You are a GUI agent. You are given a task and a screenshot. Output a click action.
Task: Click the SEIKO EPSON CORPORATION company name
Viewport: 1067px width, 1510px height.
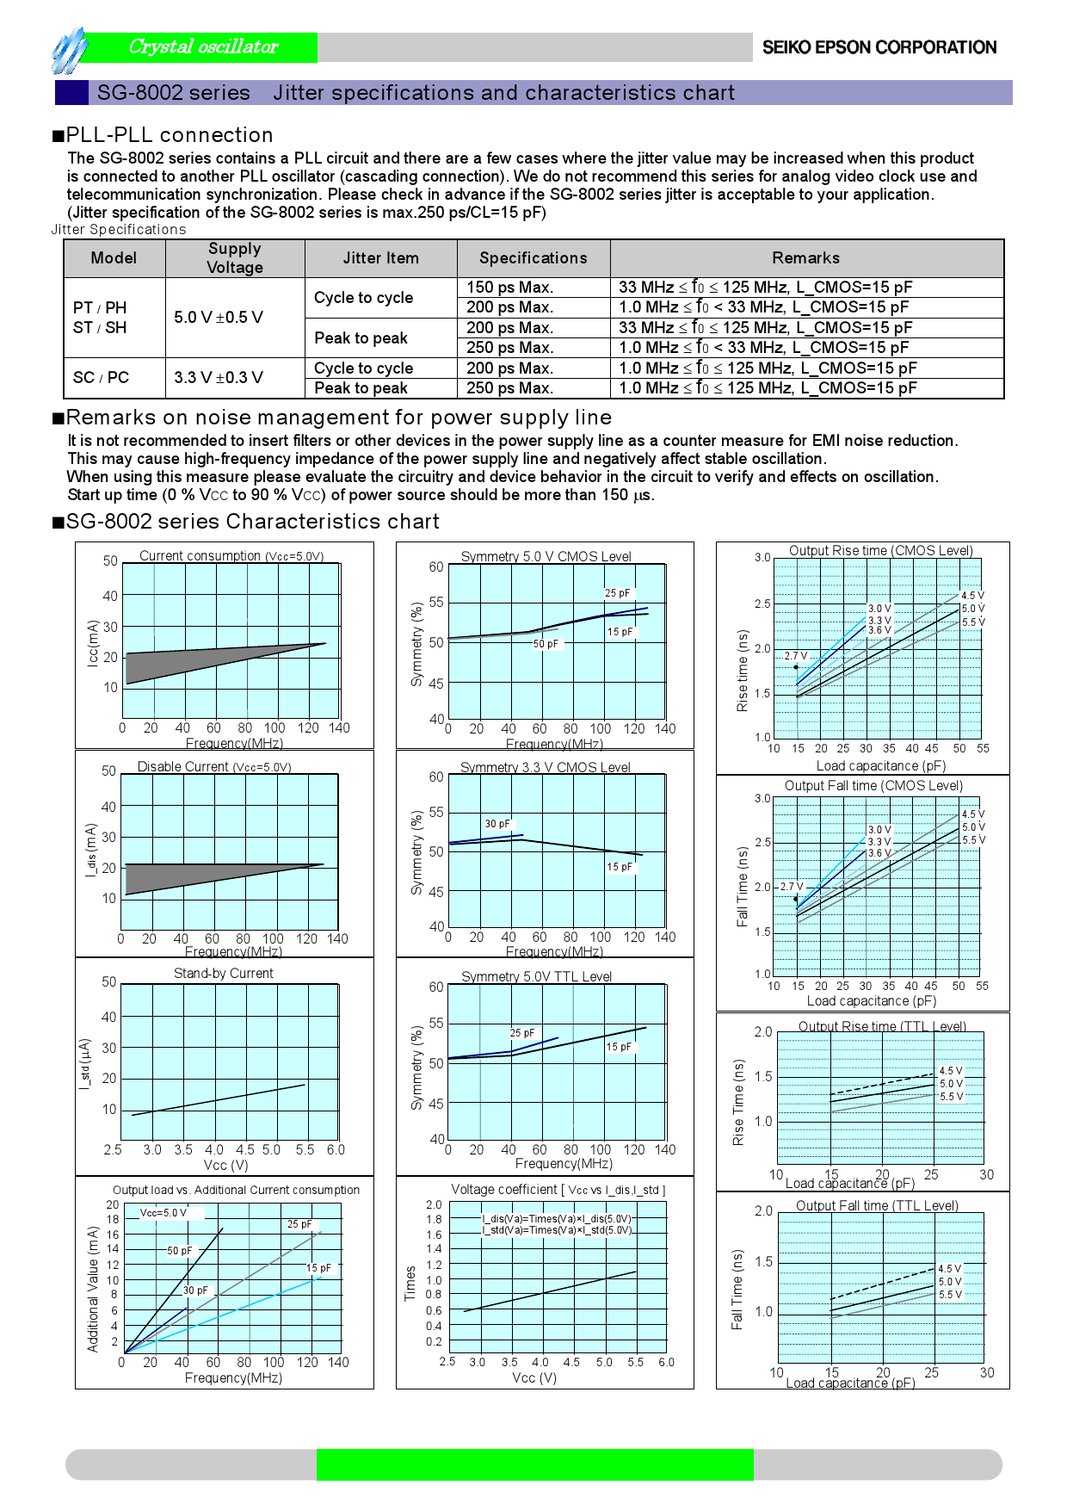(x=879, y=47)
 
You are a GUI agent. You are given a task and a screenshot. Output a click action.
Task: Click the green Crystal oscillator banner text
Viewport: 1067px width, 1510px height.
(x=203, y=46)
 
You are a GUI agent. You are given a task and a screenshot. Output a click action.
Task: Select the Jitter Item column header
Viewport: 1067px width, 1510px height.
(x=380, y=258)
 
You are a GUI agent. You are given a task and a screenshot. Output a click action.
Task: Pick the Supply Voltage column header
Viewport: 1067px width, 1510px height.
(x=234, y=258)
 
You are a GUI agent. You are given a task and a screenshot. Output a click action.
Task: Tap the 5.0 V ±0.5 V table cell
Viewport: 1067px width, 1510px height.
(x=219, y=318)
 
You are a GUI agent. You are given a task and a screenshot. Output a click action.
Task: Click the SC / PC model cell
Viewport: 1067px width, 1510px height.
(x=101, y=378)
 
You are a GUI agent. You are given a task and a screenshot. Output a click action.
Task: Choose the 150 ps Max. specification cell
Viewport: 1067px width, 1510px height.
(x=509, y=288)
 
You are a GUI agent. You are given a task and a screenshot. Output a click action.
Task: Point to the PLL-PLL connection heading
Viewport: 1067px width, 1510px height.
(x=170, y=135)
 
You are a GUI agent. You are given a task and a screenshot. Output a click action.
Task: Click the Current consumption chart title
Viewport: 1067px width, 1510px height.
(x=231, y=556)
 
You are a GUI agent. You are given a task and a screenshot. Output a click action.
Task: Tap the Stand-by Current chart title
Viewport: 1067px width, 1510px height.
(x=223, y=974)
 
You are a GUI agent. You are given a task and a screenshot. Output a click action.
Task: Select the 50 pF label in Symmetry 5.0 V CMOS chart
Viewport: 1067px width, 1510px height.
(x=546, y=644)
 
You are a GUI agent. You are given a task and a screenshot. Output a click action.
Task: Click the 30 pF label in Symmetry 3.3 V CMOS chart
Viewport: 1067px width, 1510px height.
(x=496, y=824)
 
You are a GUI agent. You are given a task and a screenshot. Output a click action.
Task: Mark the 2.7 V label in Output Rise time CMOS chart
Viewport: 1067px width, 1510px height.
(x=796, y=656)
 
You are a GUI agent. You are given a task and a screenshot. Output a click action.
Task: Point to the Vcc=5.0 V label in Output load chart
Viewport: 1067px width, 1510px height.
(x=163, y=1213)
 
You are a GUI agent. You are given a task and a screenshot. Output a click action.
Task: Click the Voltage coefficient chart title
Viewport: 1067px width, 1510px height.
(x=558, y=1190)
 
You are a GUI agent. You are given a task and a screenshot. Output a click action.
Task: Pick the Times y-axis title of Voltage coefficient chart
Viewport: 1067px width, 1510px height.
(x=410, y=1283)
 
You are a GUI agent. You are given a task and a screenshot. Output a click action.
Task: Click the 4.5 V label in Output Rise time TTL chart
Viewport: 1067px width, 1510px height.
(x=950, y=1071)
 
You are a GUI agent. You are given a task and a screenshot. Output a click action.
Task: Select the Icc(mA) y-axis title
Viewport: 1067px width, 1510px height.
(x=92, y=643)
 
